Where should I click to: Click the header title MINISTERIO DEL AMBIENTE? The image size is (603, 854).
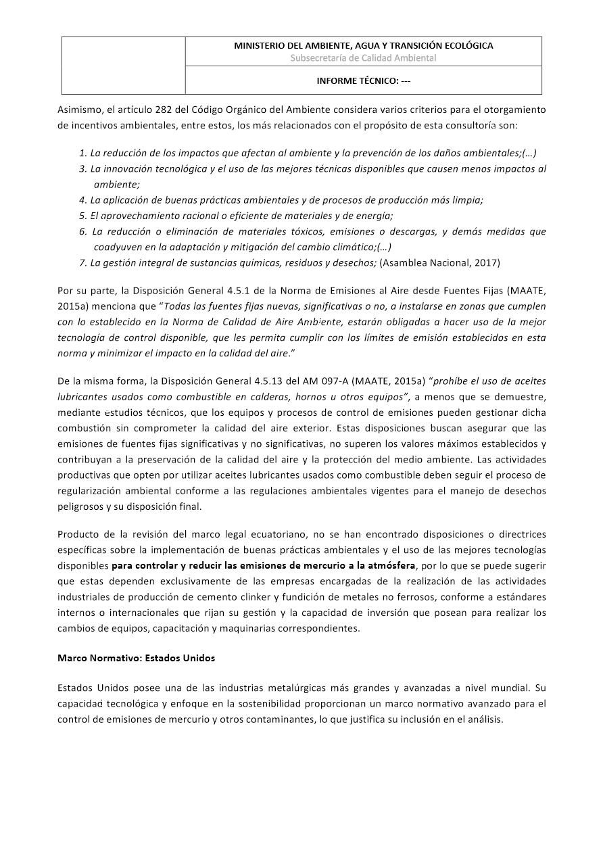click(363, 46)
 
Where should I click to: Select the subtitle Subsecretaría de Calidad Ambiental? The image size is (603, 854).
click(363, 58)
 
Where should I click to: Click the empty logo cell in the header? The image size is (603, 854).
click(124, 65)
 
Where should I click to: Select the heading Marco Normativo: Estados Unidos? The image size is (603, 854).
click(137, 657)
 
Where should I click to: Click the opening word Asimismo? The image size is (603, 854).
click(80, 110)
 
